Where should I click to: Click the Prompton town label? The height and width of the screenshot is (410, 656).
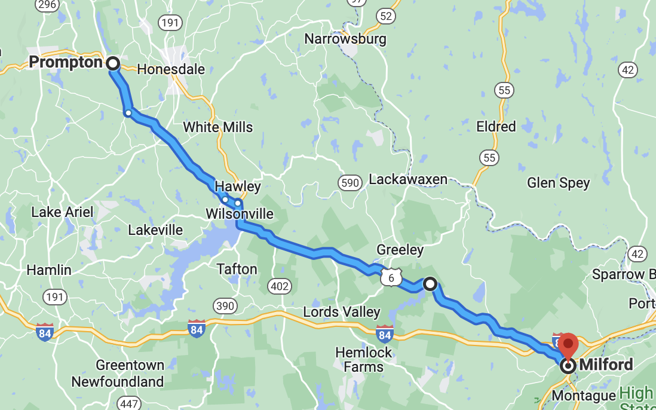[66, 62]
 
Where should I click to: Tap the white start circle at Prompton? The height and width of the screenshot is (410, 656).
[112, 63]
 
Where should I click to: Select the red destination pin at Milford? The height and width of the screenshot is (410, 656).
[568, 347]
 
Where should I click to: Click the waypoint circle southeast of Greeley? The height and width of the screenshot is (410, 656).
[430, 284]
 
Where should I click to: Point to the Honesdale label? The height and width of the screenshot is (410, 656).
[171, 69]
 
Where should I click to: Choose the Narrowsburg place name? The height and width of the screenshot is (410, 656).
[345, 39]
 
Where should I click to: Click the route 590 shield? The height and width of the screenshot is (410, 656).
[350, 183]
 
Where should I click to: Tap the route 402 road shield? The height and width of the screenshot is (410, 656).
[279, 286]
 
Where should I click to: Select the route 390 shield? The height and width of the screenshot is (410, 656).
[225, 306]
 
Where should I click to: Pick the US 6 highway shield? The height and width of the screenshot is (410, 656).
[390, 277]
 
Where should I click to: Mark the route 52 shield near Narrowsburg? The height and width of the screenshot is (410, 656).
[386, 16]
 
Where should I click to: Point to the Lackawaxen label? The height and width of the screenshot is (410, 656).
[408, 179]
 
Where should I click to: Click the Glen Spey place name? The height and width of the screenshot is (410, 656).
[558, 183]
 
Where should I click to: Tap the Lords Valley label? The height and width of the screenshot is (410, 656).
[341, 312]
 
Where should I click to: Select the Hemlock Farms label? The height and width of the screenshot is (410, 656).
[363, 359]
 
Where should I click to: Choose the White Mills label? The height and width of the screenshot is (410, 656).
[217, 127]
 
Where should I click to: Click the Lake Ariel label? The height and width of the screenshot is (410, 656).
[62, 212]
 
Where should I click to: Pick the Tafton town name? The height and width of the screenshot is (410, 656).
[237, 269]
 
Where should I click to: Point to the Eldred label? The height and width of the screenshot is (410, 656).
[496, 127]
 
